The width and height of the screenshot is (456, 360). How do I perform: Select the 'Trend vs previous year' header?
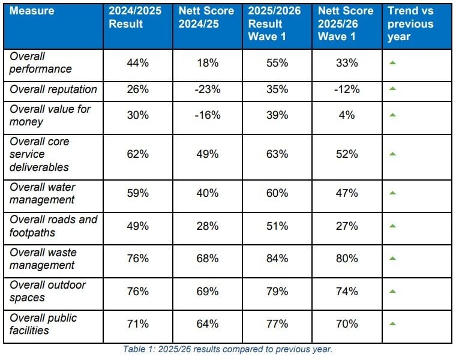tap(410, 24)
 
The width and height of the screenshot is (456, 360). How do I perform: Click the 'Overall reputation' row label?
tap(53, 89)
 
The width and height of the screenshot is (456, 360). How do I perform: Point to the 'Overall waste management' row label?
tap(43, 259)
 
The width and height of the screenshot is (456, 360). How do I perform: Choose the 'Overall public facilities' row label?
tap(43, 324)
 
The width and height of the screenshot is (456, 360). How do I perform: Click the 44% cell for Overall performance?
tap(137, 63)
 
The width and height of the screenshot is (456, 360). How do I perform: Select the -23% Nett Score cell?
tap(208, 89)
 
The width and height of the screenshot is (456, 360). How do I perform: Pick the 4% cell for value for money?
tap(347, 115)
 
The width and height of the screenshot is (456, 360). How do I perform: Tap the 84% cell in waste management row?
tap(277, 259)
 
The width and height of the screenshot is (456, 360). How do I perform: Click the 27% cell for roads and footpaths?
tap(347, 226)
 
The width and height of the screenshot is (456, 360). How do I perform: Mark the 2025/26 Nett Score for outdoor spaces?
tap(347, 292)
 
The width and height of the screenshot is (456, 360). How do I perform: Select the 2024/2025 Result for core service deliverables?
tap(137, 154)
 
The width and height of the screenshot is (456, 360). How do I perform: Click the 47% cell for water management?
tap(347, 193)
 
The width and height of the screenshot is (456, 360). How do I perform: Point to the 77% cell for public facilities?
tap(277, 324)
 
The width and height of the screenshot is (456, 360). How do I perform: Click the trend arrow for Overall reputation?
tap(392, 89)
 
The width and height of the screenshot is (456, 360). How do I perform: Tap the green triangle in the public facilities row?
tap(392, 323)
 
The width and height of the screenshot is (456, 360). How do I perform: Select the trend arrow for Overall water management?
tap(392, 193)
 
